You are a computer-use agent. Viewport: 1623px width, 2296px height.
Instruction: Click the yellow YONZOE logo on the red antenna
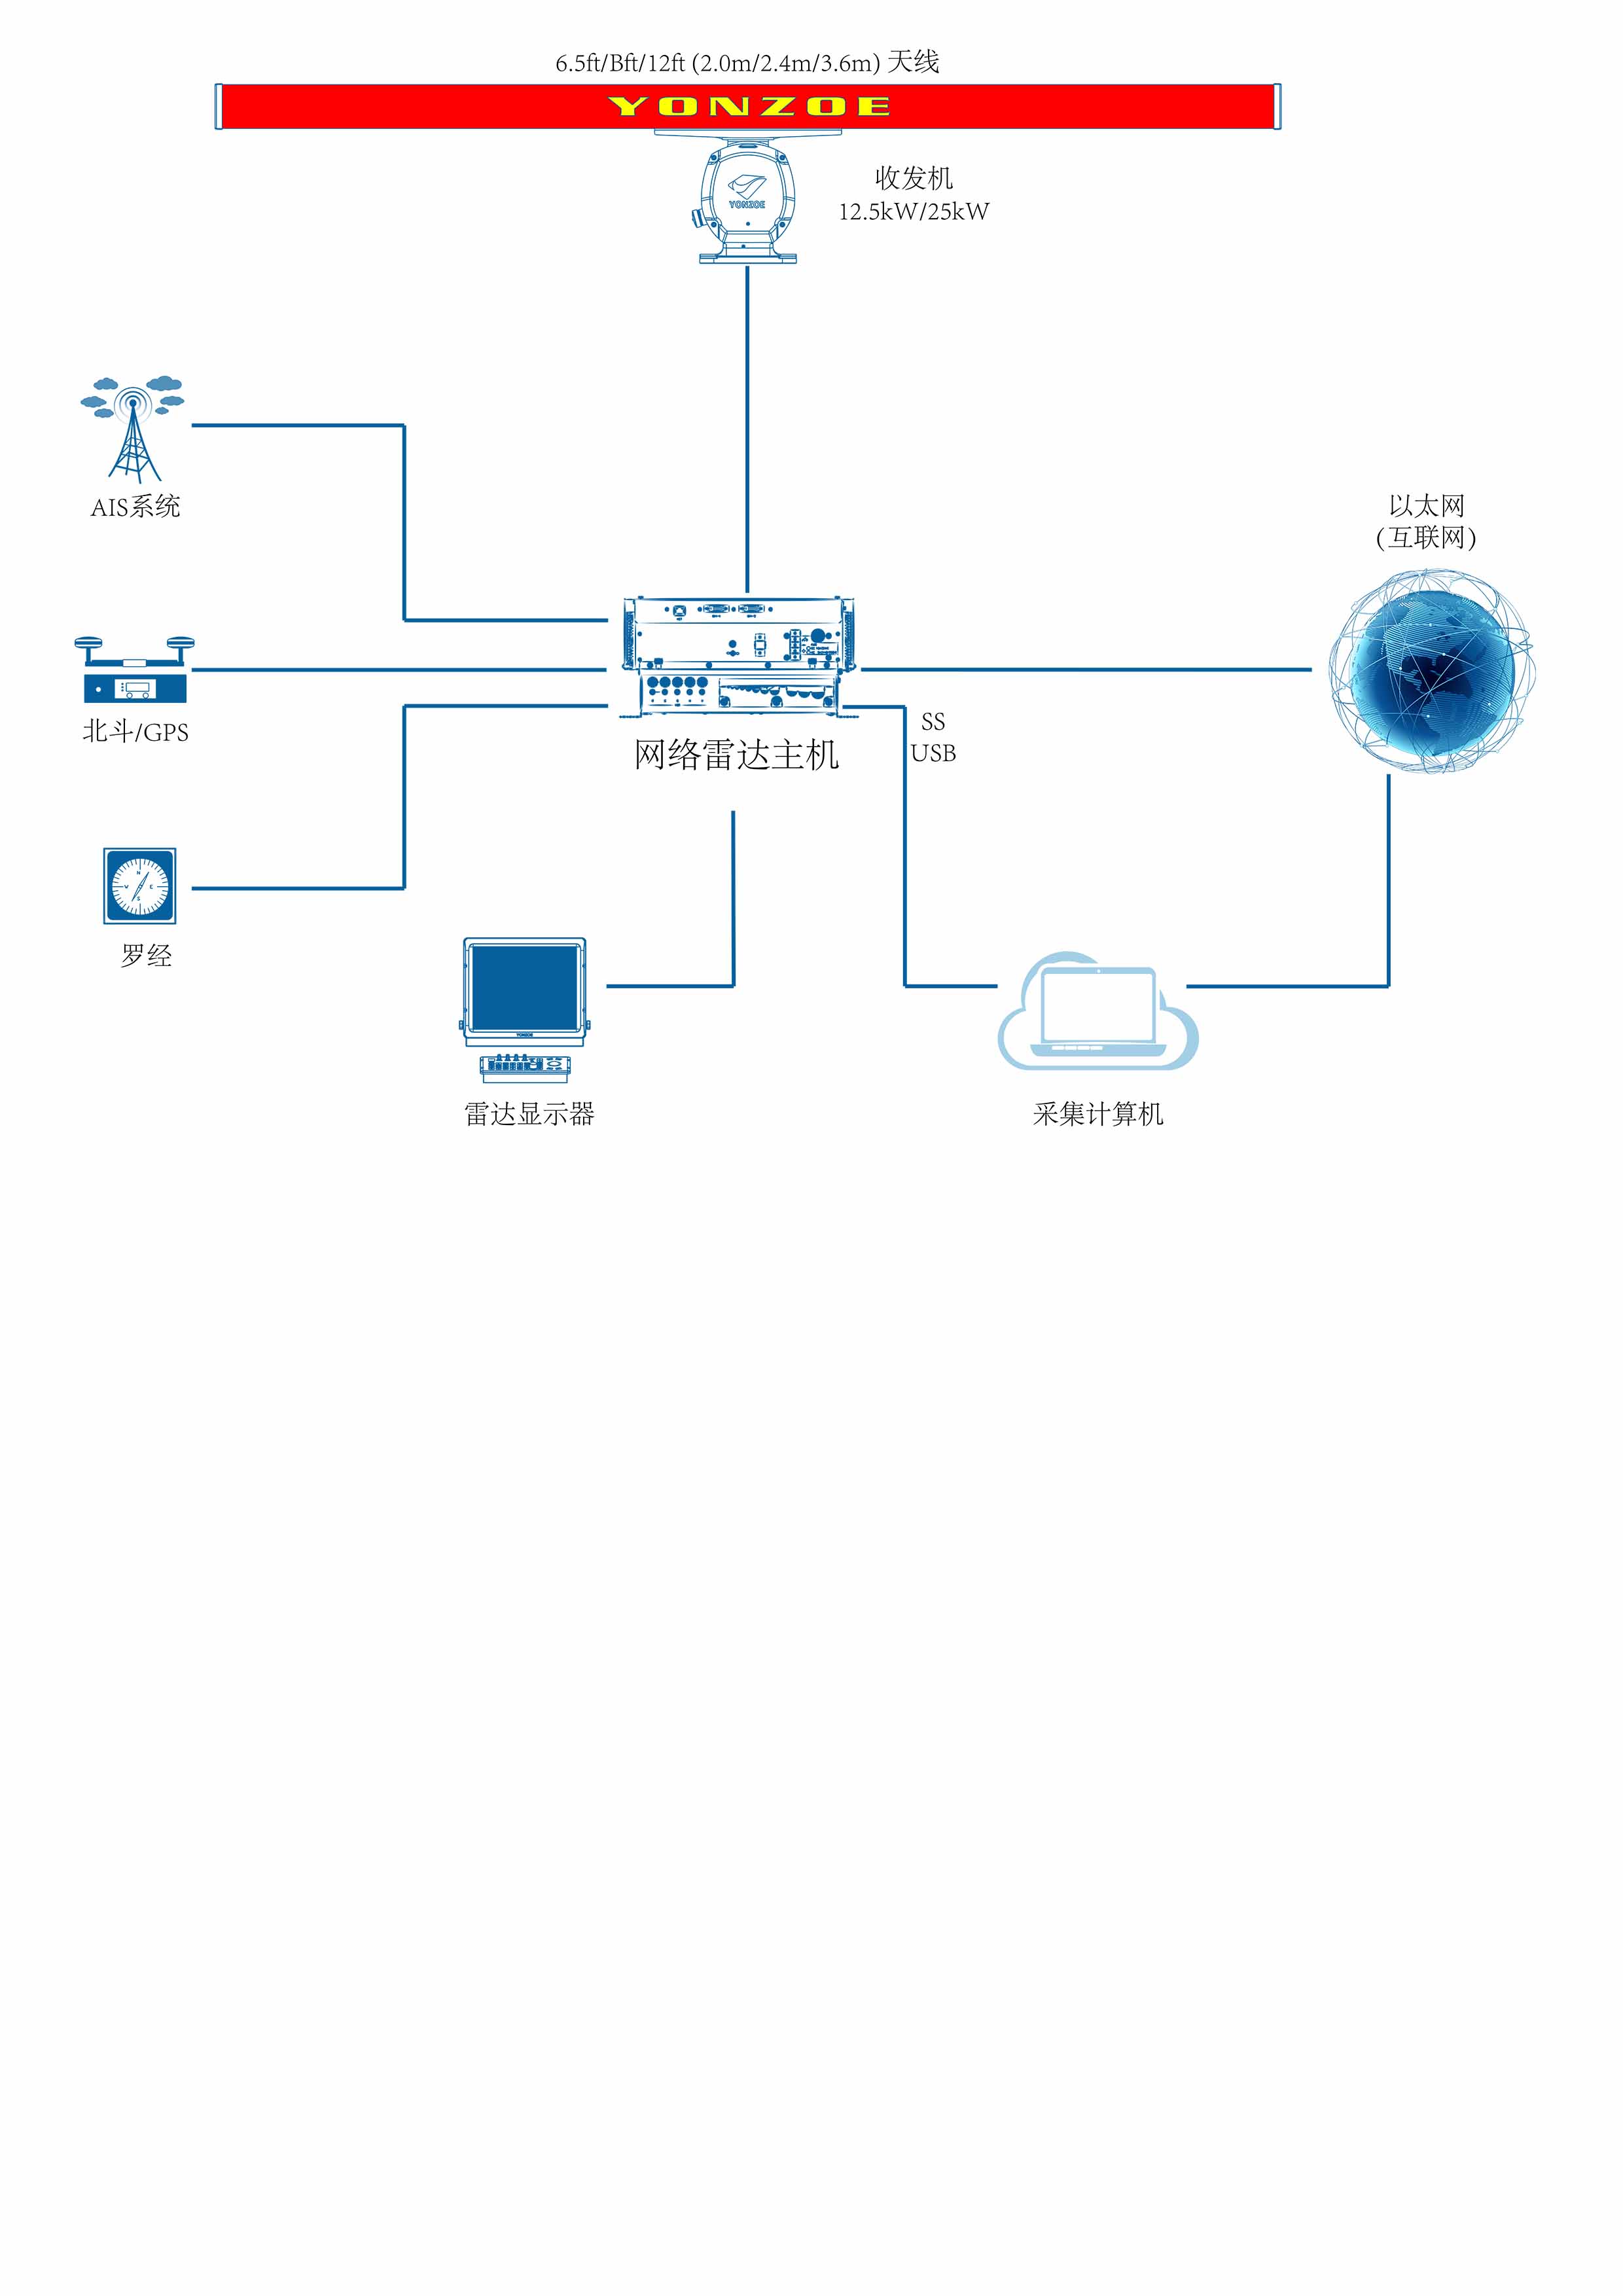pos(748,106)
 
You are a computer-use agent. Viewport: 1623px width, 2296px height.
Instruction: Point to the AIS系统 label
pos(135,507)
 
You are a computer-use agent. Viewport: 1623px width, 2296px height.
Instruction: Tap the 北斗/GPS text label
pos(135,732)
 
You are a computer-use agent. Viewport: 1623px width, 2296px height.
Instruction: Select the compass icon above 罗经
pos(140,886)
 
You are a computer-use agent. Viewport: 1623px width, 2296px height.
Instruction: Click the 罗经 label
pos(146,956)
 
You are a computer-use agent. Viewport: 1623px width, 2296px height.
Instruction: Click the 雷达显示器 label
pos(529,1114)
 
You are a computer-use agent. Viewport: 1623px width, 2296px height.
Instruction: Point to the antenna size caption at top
pos(747,63)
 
